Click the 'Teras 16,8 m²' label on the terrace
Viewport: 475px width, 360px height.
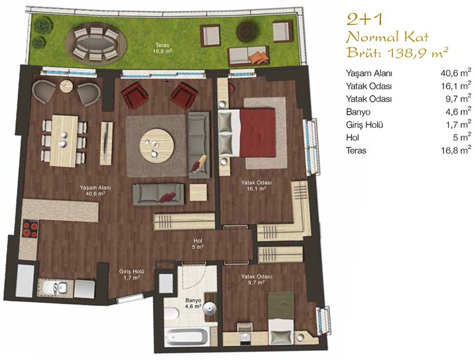163,48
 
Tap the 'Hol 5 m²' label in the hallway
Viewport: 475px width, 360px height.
198,244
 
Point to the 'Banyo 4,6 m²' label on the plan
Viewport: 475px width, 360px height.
194,304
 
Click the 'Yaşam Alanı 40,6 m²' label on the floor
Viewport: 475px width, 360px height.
95,191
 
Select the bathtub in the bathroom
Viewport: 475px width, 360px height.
186,337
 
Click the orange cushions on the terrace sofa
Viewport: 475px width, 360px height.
258,57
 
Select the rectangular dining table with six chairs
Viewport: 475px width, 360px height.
64,141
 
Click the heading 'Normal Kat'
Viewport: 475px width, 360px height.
388,37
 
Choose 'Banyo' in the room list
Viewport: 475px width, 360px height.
358,112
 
